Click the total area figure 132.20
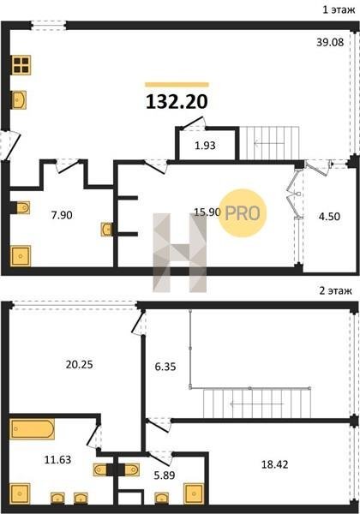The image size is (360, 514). tap(177, 101)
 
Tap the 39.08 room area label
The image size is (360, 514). tap(330, 42)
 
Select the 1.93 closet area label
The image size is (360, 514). tap(205, 146)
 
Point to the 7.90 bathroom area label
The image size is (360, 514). tap(62, 215)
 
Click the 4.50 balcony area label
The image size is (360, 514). tap(329, 217)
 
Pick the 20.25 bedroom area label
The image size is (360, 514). tap(80, 364)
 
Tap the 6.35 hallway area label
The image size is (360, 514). tap(165, 367)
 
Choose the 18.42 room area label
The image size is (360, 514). tap(275, 464)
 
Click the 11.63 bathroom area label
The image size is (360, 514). tap(57, 459)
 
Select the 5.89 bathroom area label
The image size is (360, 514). tap(165, 475)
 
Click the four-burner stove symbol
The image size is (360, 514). tap(21, 65)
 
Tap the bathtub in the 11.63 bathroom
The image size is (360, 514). tap(32, 429)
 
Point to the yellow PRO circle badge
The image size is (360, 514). tap(243, 212)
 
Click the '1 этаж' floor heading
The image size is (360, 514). tap(339, 9)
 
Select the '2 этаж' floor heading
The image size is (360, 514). tap(336, 290)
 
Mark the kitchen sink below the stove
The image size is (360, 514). tap(19, 100)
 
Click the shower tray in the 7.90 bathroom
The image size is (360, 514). tap(21, 256)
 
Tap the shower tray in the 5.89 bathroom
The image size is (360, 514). tap(194, 493)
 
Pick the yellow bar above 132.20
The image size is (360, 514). tap(177, 85)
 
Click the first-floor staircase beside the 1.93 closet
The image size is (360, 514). tap(269, 143)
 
